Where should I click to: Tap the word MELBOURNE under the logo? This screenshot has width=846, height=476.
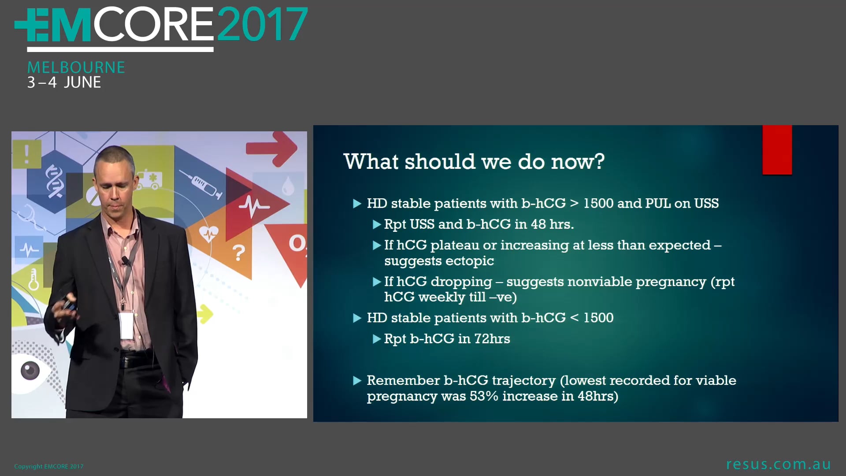pos(76,67)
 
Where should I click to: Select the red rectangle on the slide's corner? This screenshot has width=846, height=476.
pos(777,150)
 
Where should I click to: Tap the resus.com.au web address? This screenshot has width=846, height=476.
pos(779,464)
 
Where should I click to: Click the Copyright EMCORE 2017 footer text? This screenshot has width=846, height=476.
pos(49,466)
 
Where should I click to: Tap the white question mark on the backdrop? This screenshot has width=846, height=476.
pos(238,253)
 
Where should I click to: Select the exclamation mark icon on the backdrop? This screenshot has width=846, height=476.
pos(27,154)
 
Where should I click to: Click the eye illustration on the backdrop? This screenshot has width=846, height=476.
pos(30,371)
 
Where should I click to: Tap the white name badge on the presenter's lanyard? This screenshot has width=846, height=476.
pos(126,326)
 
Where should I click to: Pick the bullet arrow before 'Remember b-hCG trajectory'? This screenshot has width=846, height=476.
pos(357,380)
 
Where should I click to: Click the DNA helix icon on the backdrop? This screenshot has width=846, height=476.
pos(53,181)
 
